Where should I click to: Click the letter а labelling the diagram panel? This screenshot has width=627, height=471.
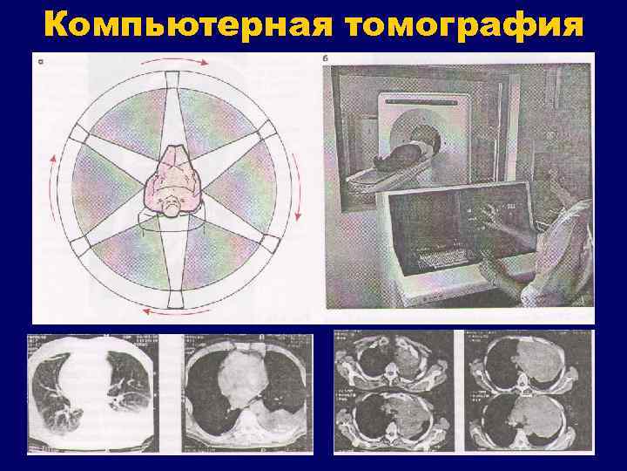point(41,61)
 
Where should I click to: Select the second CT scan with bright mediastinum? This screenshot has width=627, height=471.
point(248,392)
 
